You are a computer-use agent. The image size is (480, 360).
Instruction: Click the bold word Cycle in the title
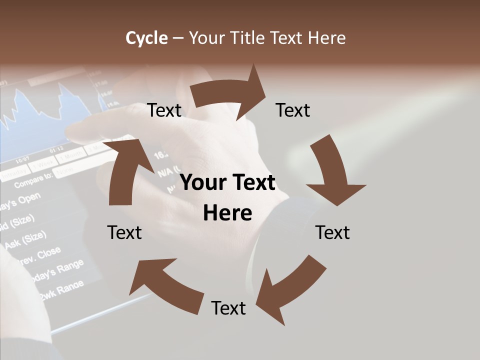146,38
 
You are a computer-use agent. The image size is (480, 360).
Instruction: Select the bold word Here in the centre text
227,213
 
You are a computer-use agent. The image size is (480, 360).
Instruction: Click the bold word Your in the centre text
199,183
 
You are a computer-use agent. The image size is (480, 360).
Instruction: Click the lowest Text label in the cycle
228,308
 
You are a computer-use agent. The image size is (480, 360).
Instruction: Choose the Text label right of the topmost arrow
293,110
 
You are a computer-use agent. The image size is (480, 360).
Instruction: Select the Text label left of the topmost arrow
164,110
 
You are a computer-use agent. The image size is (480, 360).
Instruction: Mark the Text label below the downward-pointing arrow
332,232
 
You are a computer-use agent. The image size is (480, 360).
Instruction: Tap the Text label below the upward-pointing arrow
124,232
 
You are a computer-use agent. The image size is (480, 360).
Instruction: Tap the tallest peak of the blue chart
62,85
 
